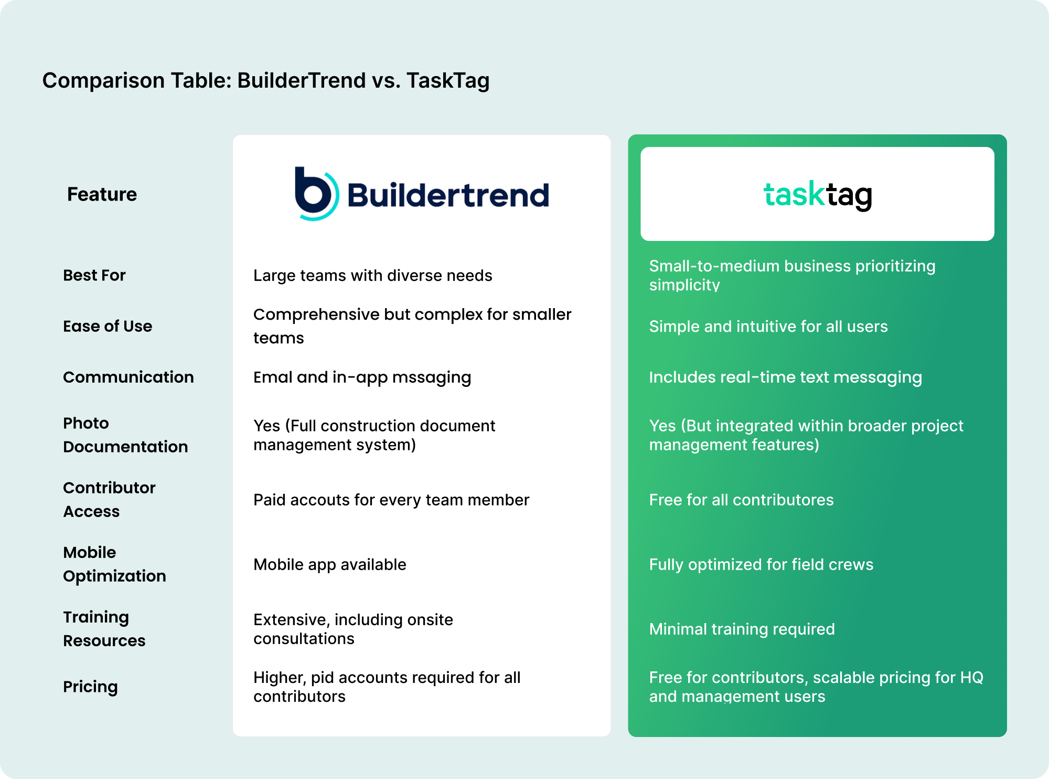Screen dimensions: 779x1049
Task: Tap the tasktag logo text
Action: coord(817,195)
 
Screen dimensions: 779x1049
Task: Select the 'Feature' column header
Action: coord(102,194)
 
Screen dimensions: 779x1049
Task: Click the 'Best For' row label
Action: coord(94,275)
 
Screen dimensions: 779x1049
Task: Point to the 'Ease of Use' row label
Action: coord(108,326)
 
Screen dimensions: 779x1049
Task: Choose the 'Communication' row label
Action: coord(129,377)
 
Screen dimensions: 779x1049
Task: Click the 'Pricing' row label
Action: coord(90,687)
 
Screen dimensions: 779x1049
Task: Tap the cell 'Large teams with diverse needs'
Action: coord(372,275)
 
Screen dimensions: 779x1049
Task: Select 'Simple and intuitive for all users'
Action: coord(768,326)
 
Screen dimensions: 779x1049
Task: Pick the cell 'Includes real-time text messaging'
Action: coord(785,377)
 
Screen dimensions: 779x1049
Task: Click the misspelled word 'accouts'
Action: coord(320,500)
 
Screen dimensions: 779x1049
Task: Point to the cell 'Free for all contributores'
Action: coord(741,500)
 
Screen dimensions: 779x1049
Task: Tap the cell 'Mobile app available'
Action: coord(329,564)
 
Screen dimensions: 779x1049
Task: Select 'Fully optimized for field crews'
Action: coord(761,564)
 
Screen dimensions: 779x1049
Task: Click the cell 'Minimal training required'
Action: coord(742,629)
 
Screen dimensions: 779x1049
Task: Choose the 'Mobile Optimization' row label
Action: coord(114,564)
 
